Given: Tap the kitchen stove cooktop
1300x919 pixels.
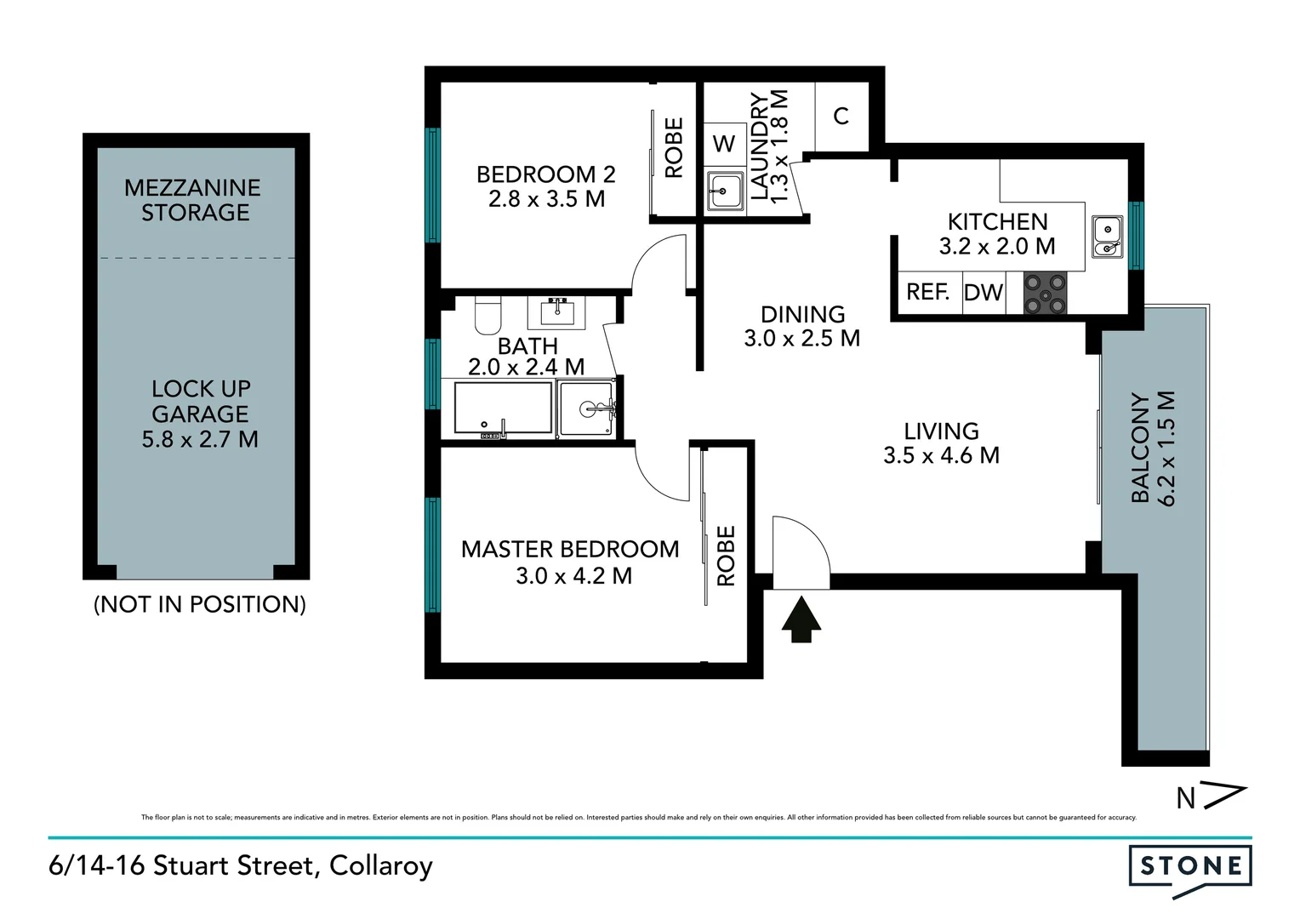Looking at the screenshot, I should pyautogui.click(x=1045, y=293).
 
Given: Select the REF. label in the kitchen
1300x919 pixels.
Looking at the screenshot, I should pyautogui.click(x=927, y=292).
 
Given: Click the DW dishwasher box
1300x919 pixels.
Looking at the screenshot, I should pyautogui.click(x=984, y=293).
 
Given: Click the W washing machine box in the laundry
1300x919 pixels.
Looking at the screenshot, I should pyautogui.click(x=724, y=144).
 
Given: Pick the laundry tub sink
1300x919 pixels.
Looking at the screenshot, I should pyautogui.click(x=725, y=191).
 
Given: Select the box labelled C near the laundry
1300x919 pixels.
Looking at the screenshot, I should pyautogui.click(x=841, y=116).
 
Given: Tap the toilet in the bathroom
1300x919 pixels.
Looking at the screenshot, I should pyautogui.click(x=489, y=317).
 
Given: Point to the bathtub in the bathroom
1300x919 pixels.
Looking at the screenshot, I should pyautogui.click(x=504, y=409).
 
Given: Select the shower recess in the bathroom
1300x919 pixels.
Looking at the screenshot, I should pyautogui.click(x=586, y=409).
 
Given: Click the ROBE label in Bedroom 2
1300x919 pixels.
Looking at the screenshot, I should pyautogui.click(x=674, y=148).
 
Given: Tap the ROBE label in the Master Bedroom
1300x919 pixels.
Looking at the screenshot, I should pyautogui.click(x=726, y=556).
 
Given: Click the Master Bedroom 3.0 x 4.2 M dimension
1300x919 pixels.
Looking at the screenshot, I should pyautogui.click(x=573, y=576).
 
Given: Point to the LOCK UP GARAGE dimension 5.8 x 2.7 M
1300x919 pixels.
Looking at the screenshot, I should pyautogui.click(x=200, y=440).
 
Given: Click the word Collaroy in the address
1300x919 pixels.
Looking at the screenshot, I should pyautogui.click(x=381, y=866).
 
